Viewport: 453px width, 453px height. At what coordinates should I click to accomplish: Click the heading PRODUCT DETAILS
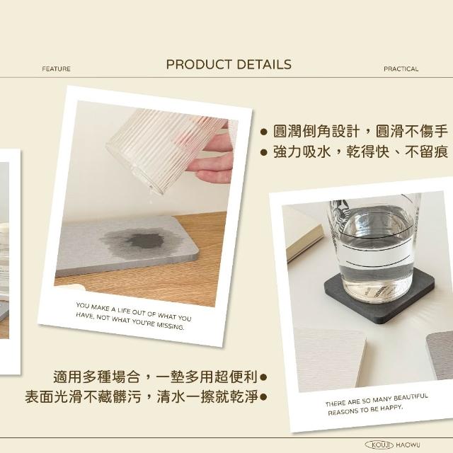click(x=229, y=64)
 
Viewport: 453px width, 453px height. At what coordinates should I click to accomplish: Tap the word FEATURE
click(x=57, y=69)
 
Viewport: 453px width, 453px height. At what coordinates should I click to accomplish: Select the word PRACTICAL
click(x=401, y=69)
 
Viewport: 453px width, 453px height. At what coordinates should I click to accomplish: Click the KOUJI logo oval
click(x=379, y=445)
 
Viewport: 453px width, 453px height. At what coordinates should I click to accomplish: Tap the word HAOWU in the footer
click(x=408, y=445)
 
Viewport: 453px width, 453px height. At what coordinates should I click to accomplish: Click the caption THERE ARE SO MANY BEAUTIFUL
click(x=377, y=400)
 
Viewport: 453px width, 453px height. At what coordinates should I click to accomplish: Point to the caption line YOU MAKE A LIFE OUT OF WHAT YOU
click(x=134, y=311)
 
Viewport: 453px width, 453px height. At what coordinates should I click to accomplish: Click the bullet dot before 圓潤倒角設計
click(x=263, y=132)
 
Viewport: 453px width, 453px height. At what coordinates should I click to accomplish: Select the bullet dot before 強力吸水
click(x=263, y=153)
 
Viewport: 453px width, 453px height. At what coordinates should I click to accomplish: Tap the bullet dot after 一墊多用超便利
click(x=263, y=377)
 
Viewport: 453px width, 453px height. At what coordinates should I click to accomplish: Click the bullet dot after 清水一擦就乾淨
click(x=263, y=397)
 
